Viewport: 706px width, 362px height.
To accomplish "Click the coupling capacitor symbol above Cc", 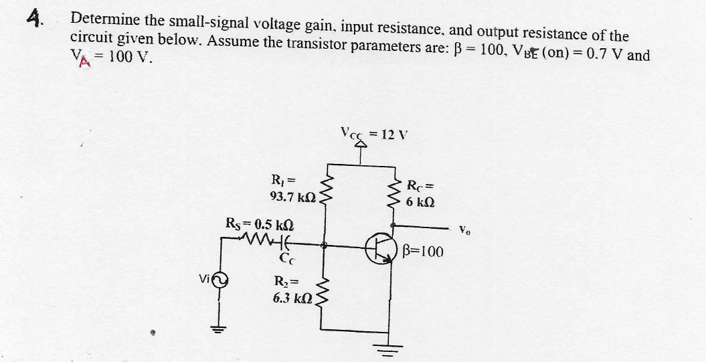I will tap(284, 238).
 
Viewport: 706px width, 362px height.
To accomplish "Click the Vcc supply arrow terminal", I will tap(361, 141).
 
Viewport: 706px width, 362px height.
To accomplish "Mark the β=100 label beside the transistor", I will tap(424, 252).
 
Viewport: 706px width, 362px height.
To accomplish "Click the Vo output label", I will tap(464, 232).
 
